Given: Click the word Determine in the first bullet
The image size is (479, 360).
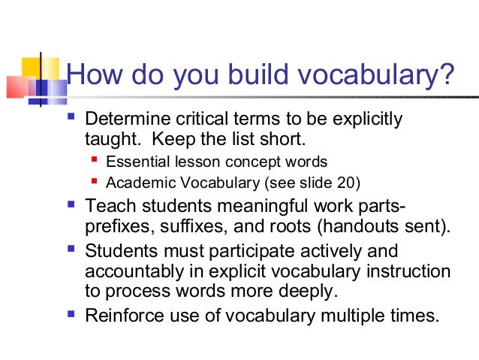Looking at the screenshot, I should coord(128,120).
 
